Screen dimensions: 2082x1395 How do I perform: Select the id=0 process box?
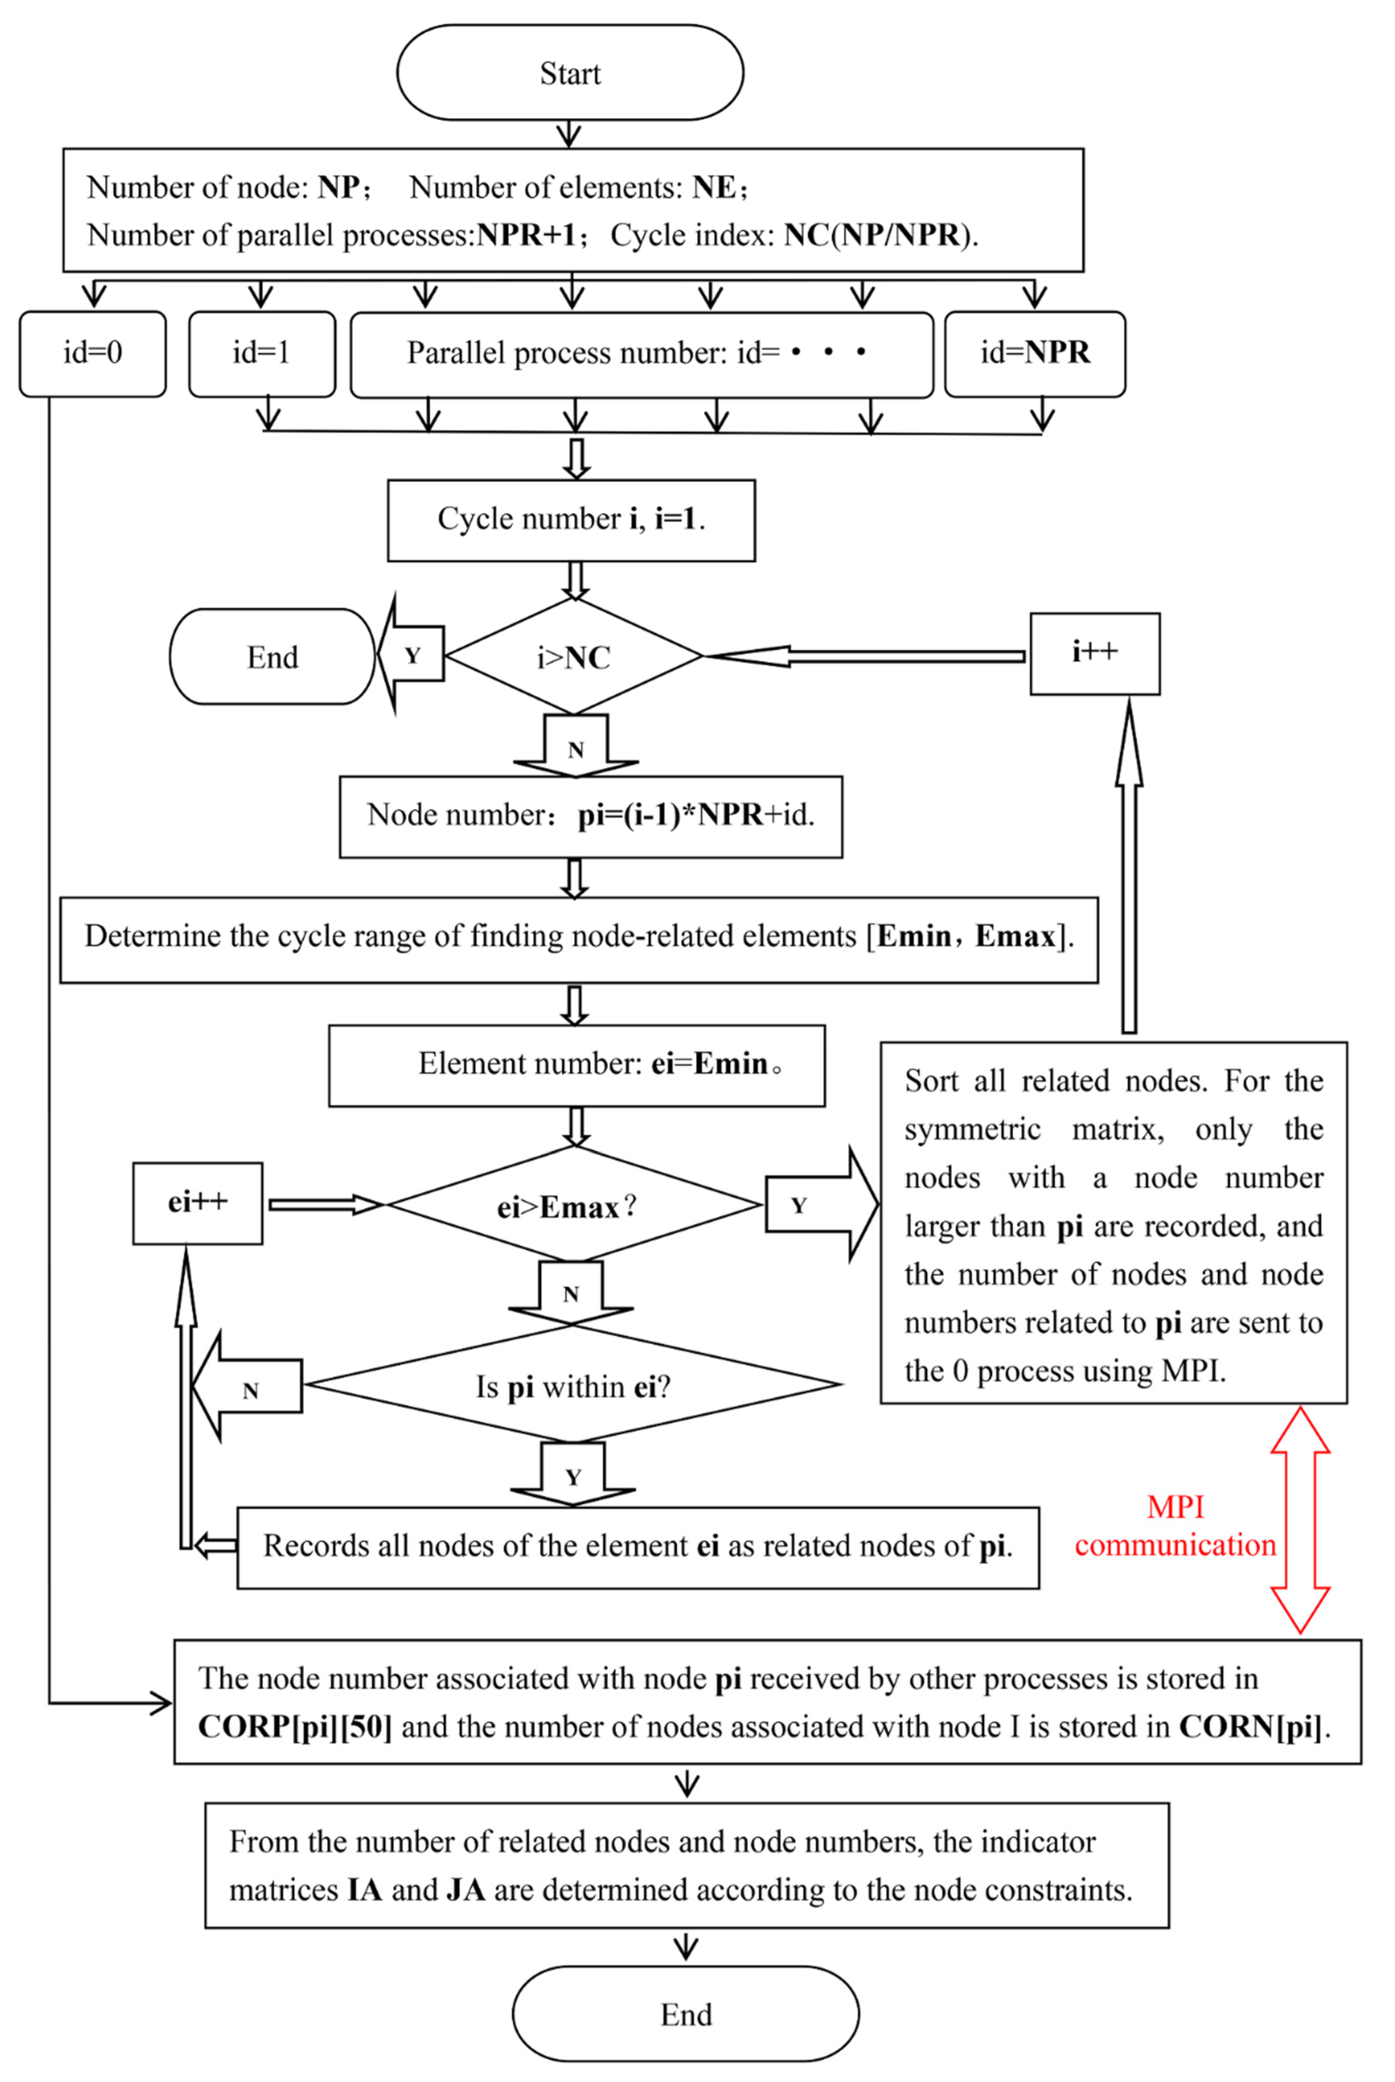(x=92, y=353)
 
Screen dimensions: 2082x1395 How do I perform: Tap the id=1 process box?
(x=262, y=353)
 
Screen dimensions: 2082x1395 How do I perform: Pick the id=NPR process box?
(x=1035, y=353)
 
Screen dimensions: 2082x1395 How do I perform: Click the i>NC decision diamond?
(x=574, y=657)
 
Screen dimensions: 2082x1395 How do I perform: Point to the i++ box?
(x=1094, y=653)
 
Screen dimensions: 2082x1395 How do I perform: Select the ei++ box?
(x=197, y=1203)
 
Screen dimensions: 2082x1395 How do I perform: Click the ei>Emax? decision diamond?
(x=574, y=1205)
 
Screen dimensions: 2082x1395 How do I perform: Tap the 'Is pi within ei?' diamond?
(x=574, y=1385)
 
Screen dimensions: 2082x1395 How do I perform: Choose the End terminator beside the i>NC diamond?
(x=272, y=657)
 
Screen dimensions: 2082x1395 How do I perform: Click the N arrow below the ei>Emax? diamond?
(x=571, y=1292)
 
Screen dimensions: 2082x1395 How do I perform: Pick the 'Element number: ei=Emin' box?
(x=576, y=1065)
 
